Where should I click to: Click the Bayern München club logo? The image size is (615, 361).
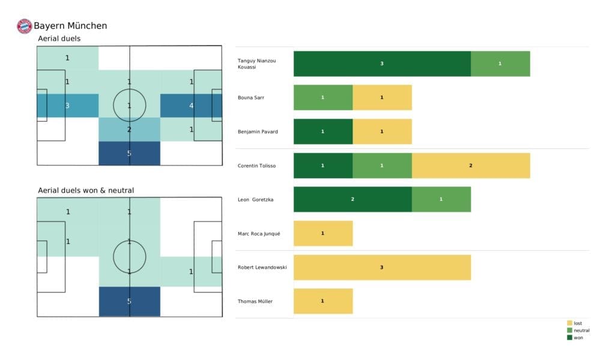(x=24, y=26)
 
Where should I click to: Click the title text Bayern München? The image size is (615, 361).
(x=70, y=26)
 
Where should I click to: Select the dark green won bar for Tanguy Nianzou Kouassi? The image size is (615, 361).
(x=382, y=64)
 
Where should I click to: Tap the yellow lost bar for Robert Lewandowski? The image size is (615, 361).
(x=382, y=267)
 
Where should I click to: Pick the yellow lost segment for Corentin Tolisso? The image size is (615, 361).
(x=470, y=166)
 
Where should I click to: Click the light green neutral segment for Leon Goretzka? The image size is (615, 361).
(x=441, y=199)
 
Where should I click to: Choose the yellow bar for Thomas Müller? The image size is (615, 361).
(x=323, y=301)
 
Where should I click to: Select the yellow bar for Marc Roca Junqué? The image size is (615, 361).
(x=323, y=233)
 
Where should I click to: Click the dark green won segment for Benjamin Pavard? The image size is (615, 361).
(x=323, y=131)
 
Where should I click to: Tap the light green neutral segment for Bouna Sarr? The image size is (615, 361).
(x=323, y=97)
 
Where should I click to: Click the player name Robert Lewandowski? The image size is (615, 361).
(x=262, y=267)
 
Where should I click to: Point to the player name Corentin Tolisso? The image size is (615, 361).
(x=257, y=166)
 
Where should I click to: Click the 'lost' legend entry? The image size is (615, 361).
(x=578, y=323)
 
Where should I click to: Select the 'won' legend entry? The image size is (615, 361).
(x=577, y=337)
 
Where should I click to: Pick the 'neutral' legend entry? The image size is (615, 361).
(x=580, y=330)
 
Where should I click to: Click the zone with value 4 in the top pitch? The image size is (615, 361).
(x=191, y=106)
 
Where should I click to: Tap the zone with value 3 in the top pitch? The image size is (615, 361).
(x=67, y=106)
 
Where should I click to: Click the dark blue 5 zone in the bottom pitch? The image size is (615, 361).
(x=129, y=301)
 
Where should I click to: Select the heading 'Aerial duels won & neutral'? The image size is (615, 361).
(x=86, y=191)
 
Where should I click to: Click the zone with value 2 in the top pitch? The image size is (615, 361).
(x=129, y=129)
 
